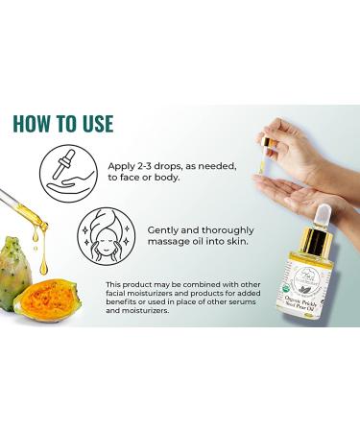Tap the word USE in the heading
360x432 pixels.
[x=94, y=124]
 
